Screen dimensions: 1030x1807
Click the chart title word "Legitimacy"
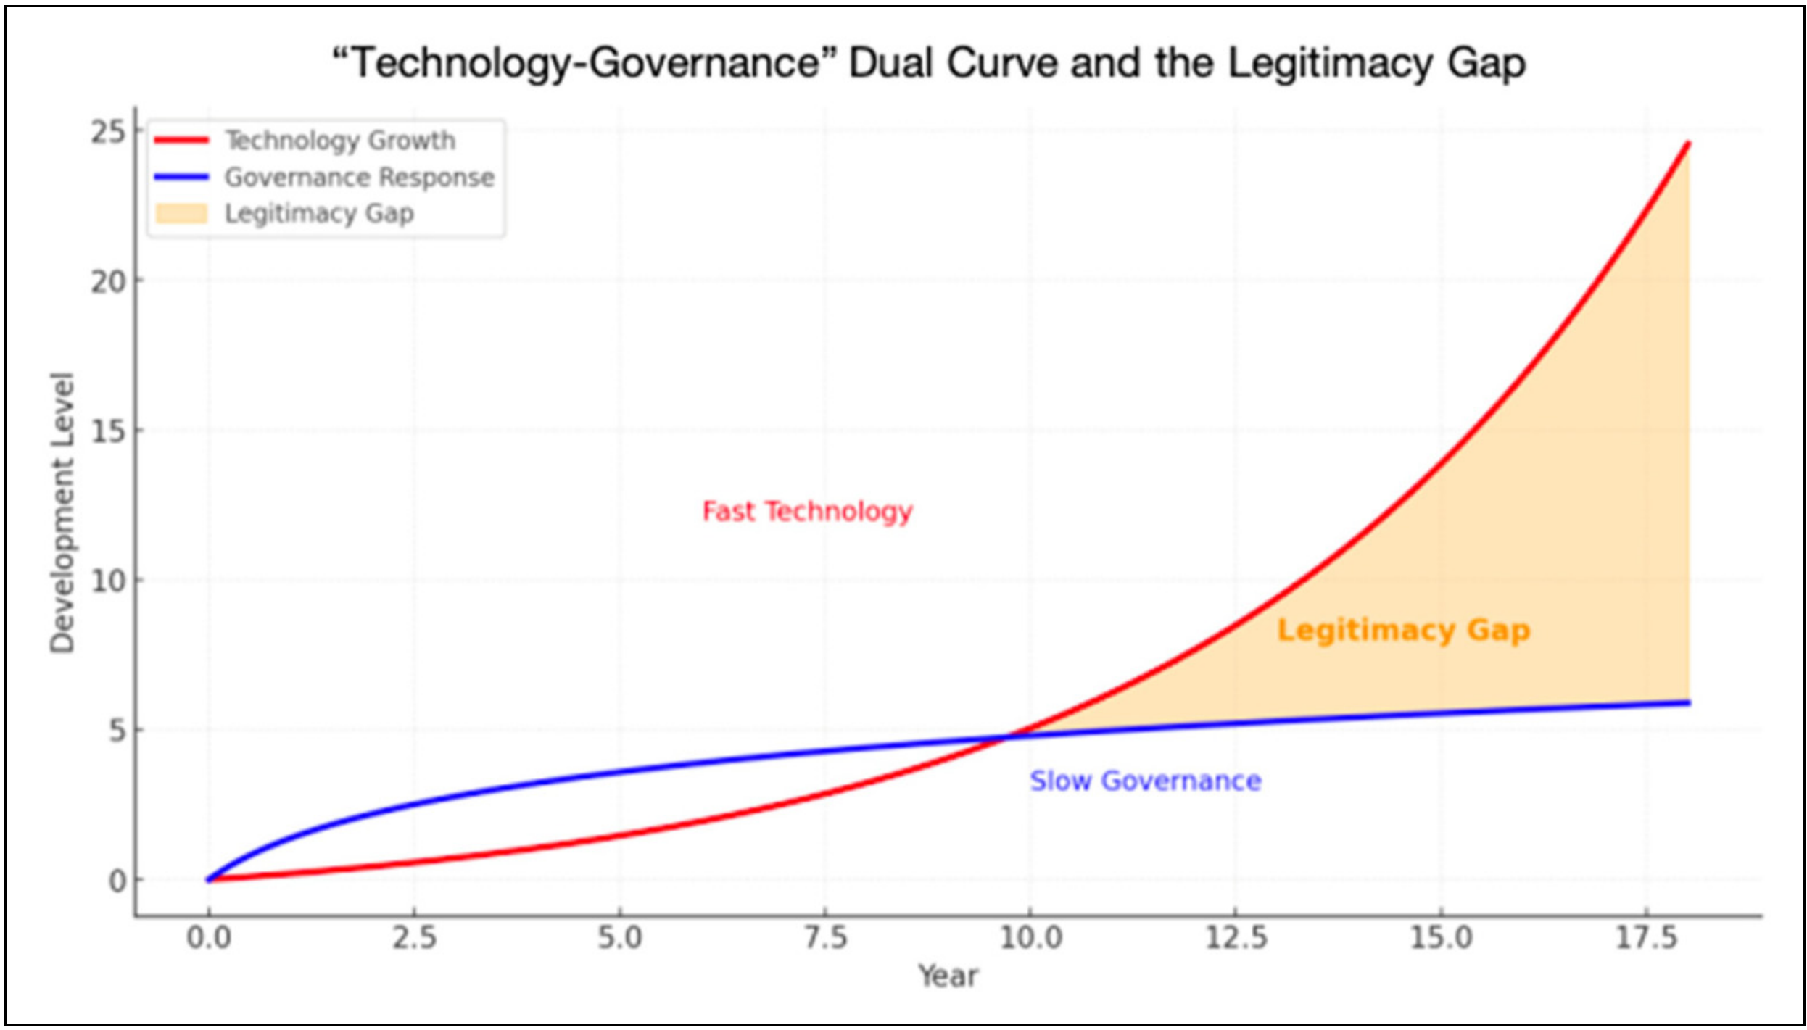(1328, 63)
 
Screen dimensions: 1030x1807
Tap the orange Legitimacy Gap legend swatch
(181, 214)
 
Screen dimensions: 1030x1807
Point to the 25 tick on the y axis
(108, 133)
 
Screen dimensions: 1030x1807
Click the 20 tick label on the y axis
(108, 282)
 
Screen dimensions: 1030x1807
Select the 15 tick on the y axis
(108, 432)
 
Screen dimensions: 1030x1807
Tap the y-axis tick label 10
(108, 581)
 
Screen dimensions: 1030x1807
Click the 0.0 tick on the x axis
(209, 938)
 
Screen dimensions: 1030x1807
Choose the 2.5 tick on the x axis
(414, 938)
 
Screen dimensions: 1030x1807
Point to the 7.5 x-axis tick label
(825, 938)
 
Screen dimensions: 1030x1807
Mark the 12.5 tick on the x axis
(1236, 938)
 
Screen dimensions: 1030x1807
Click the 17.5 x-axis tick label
(1646, 938)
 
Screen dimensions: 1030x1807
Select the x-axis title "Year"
(948, 976)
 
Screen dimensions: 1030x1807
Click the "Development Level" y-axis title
(62, 512)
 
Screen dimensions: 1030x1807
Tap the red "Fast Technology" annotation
(807, 512)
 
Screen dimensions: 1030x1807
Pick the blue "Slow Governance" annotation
(1146, 781)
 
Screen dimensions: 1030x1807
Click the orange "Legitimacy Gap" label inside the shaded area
(1403, 631)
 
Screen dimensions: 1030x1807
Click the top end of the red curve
(1688, 144)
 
